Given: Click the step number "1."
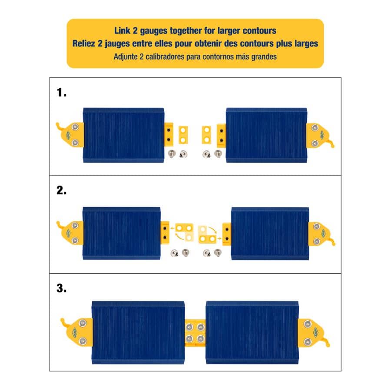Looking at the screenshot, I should click(61, 92).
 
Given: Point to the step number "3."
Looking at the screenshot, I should click(62, 288).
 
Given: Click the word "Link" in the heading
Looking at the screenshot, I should click(122, 31).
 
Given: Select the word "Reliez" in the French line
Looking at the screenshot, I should click(83, 43).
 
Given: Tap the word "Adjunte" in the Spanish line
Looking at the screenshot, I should click(125, 56).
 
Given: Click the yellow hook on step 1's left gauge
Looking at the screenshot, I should click(61, 127).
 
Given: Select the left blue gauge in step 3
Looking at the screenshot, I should click(138, 332).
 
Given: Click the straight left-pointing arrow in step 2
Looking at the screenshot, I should click(176, 227).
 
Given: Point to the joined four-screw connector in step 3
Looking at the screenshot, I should click(195, 332).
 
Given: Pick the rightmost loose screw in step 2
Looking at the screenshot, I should click(217, 252).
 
